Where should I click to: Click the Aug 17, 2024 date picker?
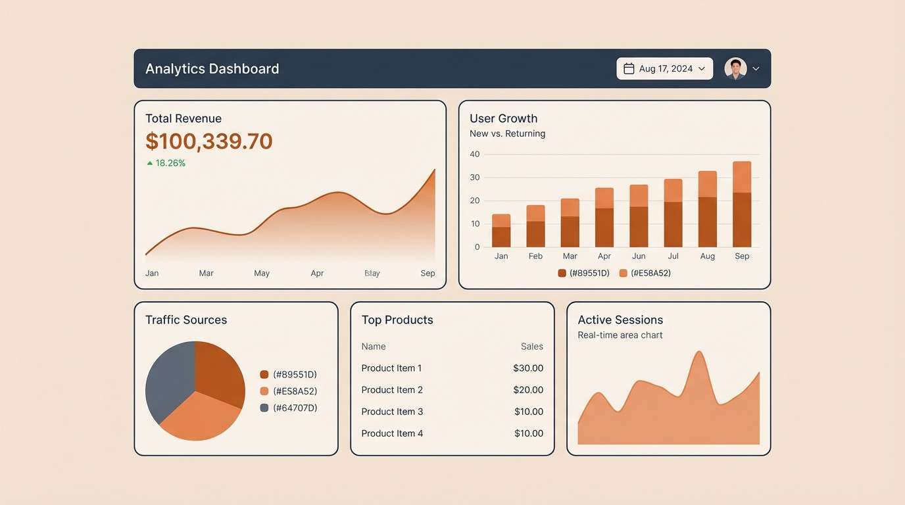pyautogui.click(x=664, y=68)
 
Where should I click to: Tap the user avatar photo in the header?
pyautogui.click(x=735, y=68)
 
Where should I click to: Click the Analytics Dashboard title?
pyautogui.click(x=212, y=69)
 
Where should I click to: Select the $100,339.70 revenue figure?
pyautogui.click(x=208, y=141)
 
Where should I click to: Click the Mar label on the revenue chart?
pyautogui.click(x=207, y=273)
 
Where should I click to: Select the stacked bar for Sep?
pyautogui.click(x=742, y=204)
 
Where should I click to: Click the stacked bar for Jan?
pyautogui.click(x=501, y=231)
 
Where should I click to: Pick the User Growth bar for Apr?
pyautogui.click(x=604, y=218)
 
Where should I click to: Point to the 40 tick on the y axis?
pyautogui.click(x=475, y=155)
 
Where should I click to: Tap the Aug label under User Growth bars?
pyautogui.click(x=708, y=256)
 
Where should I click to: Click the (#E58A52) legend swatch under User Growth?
pyautogui.click(x=624, y=273)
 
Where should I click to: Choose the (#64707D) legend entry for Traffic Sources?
pyautogui.click(x=289, y=408)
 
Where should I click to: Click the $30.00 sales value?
pyautogui.click(x=528, y=368)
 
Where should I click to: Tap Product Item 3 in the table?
pyautogui.click(x=392, y=412)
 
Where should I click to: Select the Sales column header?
pyautogui.click(x=531, y=347)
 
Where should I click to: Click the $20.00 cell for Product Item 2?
pyautogui.click(x=528, y=390)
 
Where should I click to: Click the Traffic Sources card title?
pyautogui.click(x=186, y=320)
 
